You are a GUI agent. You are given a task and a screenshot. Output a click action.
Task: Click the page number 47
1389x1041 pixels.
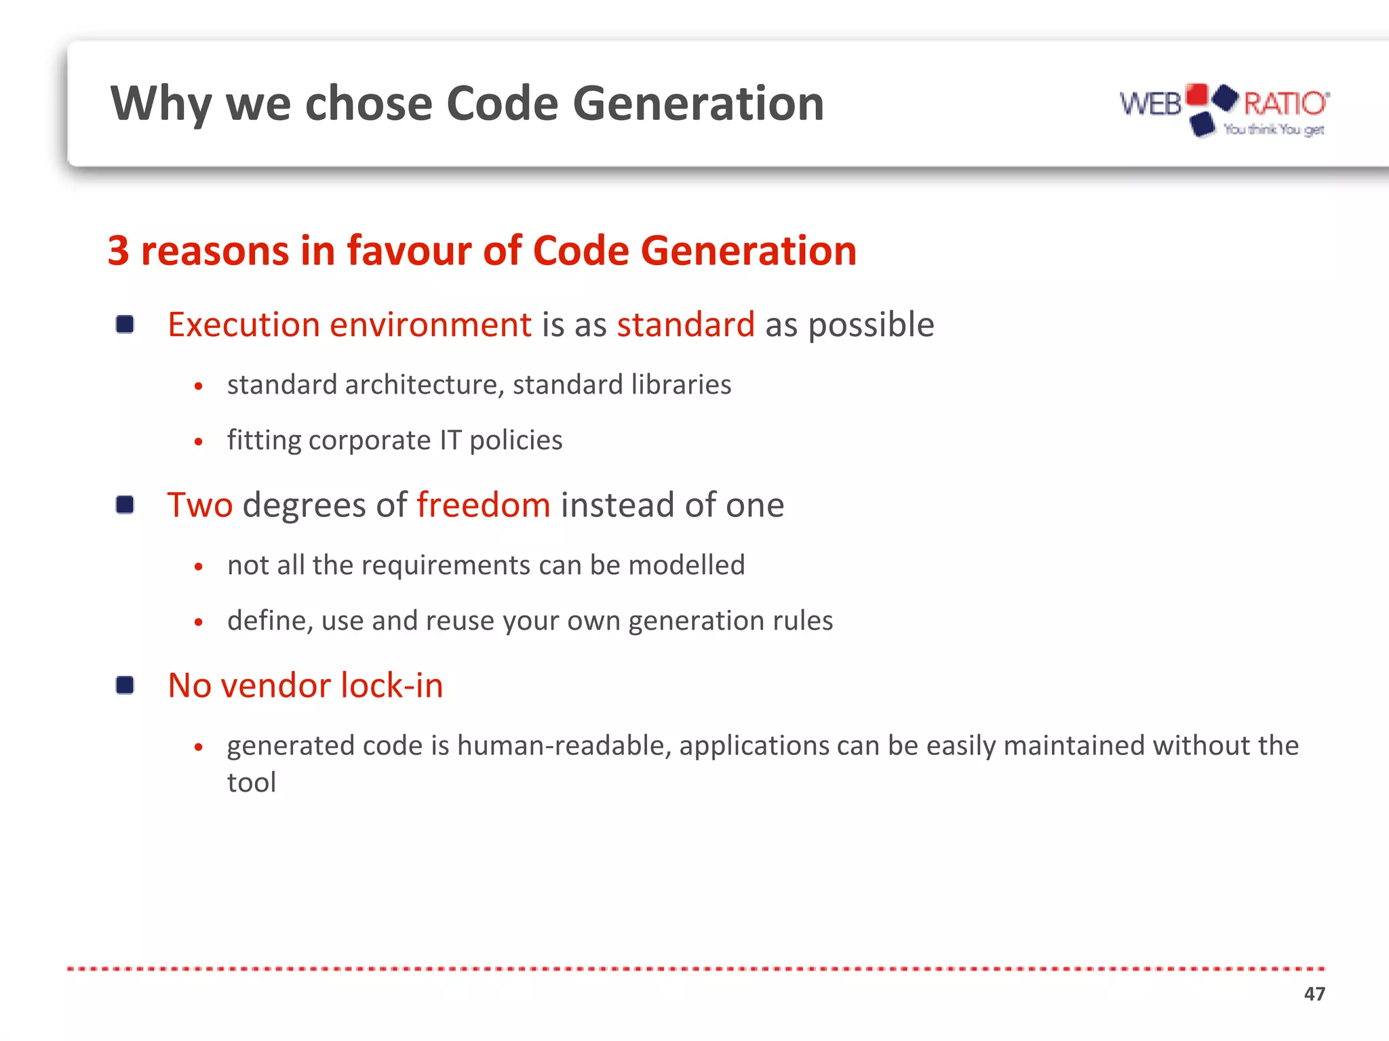coord(1314,994)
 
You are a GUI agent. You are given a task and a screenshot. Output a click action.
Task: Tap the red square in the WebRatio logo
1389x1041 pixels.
coord(1197,96)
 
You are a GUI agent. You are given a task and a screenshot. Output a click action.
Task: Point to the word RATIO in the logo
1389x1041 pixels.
coord(1285,104)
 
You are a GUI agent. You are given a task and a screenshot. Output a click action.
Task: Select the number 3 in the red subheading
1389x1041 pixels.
coord(119,251)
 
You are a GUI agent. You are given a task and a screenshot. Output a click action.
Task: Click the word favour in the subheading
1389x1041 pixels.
coord(409,251)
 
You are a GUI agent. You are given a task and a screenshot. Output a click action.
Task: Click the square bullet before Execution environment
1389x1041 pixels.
coord(125,325)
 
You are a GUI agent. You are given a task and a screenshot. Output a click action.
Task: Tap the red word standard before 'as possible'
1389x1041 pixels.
coord(686,325)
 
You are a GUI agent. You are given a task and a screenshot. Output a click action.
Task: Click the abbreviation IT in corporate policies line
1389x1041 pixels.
coord(450,440)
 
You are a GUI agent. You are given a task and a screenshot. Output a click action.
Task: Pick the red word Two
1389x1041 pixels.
coord(200,505)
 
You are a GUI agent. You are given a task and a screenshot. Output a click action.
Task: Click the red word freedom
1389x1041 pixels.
coord(484,505)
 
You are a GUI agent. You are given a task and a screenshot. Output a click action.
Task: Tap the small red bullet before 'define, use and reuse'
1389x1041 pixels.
coord(198,621)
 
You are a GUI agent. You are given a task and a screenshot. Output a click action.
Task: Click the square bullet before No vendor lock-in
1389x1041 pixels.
coord(125,685)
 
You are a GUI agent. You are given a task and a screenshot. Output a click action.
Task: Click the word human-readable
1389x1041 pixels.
coord(564,746)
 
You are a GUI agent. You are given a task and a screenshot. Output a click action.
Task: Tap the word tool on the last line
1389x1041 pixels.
coord(252,783)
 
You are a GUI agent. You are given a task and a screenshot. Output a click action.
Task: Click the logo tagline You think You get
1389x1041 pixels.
coord(1273,129)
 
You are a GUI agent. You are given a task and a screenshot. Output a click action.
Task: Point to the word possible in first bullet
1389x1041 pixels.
coord(871,325)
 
